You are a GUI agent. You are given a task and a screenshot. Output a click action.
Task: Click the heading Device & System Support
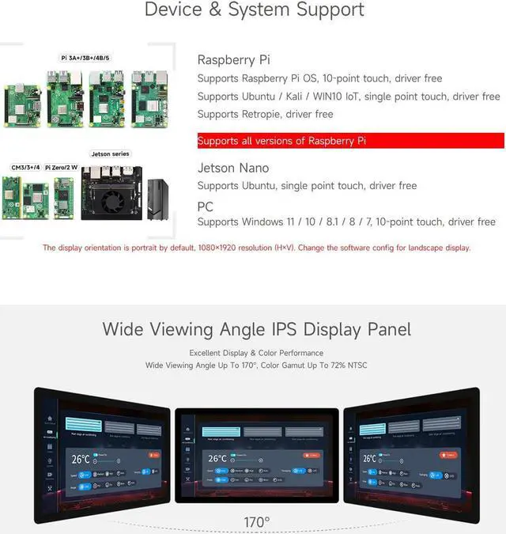point(254,10)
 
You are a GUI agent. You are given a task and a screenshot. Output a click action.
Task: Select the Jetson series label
point(110,153)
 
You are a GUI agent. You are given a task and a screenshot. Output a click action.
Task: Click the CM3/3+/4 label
point(25,168)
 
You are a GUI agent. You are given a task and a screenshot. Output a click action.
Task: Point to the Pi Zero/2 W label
point(62,168)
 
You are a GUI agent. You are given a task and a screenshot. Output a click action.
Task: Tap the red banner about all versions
point(350,141)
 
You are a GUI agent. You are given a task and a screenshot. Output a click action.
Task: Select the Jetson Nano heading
point(232,168)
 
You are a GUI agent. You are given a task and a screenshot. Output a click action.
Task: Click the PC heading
point(205,206)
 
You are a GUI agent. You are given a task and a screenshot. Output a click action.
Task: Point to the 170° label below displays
point(256,522)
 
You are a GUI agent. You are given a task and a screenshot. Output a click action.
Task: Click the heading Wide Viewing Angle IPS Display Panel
point(256,329)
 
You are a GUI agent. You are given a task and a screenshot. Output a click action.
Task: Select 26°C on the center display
point(217,459)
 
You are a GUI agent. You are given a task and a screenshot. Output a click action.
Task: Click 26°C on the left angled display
point(81,459)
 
